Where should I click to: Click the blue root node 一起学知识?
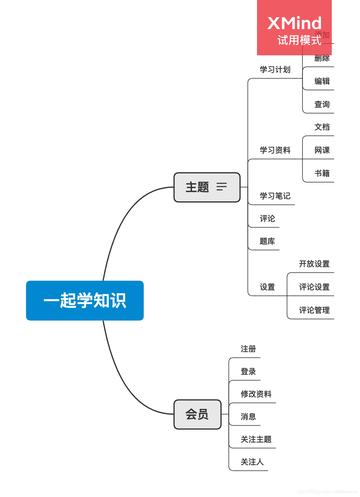point(85,300)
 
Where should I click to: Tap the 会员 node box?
point(197,414)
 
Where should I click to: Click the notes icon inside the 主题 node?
point(221,187)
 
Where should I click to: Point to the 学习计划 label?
point(275,70)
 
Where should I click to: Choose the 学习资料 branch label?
point(275,150)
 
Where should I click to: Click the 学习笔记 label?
point(275,196)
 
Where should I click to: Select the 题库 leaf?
point(267,241)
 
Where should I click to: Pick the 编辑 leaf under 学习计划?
point(322,81)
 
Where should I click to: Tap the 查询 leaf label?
point(322,104)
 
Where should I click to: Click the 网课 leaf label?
point(322,150)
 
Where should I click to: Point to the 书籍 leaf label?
point(322,173)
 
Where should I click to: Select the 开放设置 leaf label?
point(314,264)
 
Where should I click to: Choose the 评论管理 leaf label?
point(314,310)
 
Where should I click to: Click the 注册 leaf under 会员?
point(248,349)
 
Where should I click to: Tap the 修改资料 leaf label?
point(256,394)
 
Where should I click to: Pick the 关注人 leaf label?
point(252,462)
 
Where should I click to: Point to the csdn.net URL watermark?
point(327,491)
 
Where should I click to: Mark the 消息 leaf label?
point(248,417)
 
